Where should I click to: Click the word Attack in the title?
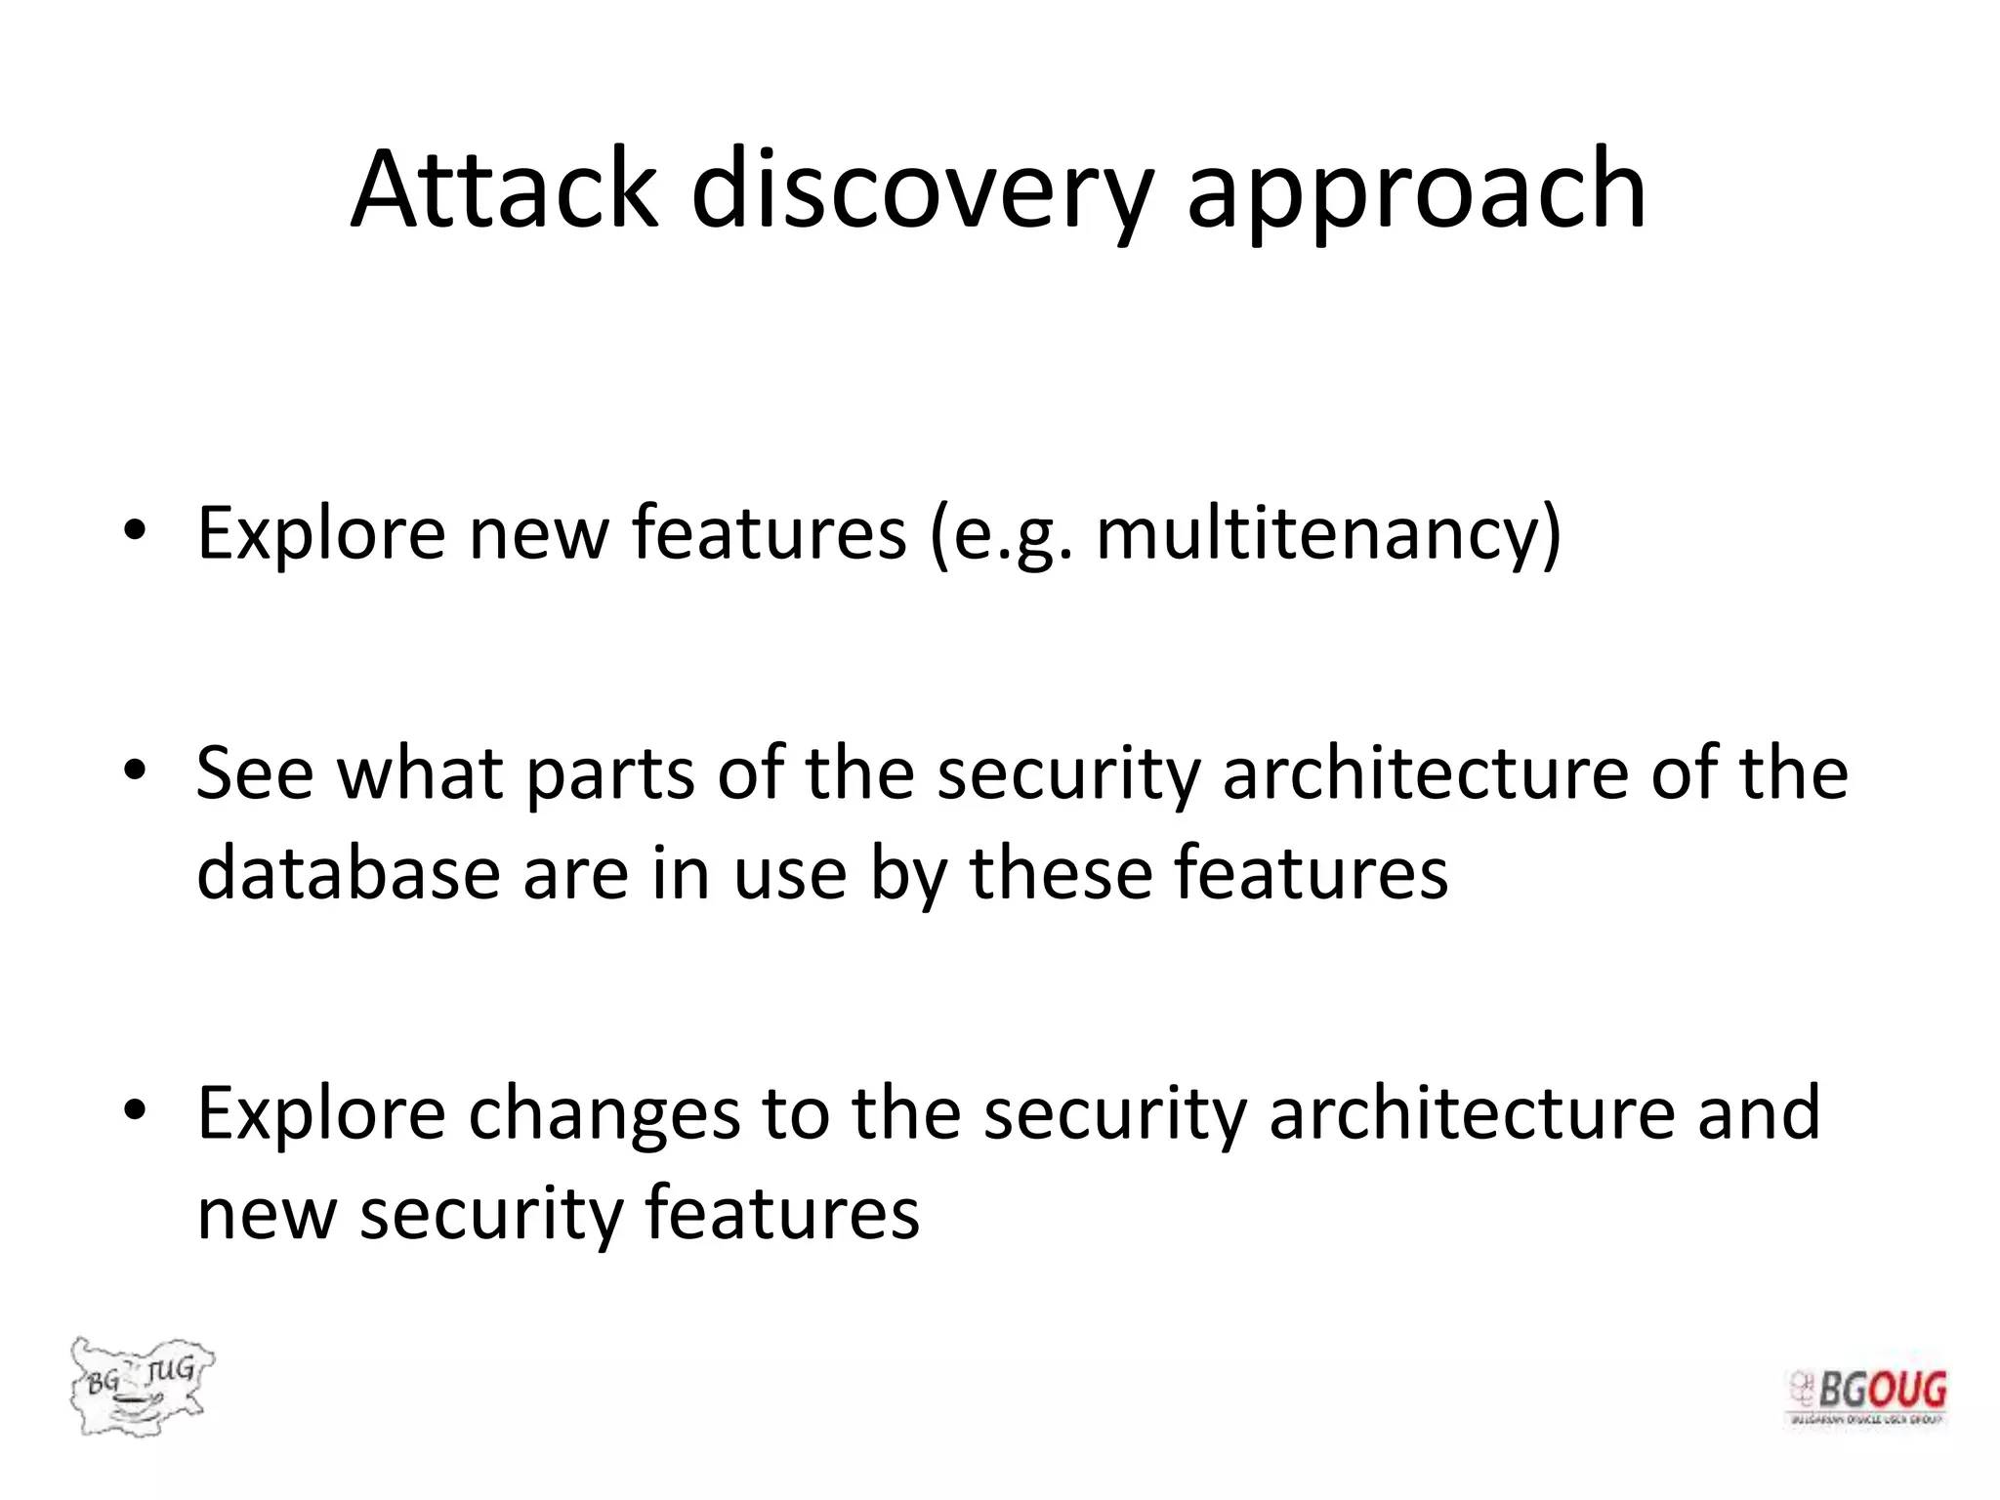(504, 189)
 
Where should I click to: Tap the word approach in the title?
(1416, 189)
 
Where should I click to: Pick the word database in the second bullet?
(348, 872)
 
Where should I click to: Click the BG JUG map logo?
(142, 1385)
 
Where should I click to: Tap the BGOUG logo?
(1867, 1396)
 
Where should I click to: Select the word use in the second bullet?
(789, 872)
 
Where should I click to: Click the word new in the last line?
(266, 1213)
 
